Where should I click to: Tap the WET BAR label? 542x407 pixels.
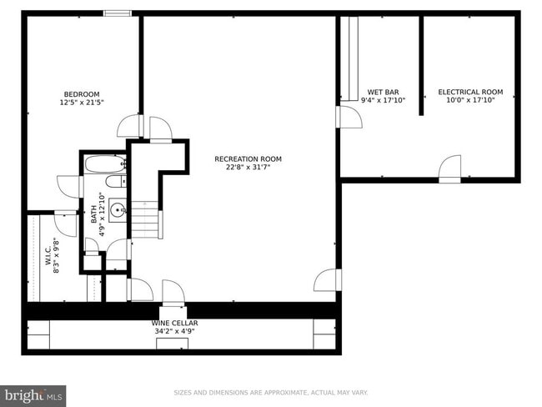pyautogui.click(x=383, y=92)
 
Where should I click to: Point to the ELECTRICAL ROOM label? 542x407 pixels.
pyautogui.click(x=470, y=92)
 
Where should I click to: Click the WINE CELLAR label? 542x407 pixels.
pyautogui.click(x=174, y=323)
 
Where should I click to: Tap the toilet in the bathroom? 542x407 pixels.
pyautogui.click(x=115, y=182)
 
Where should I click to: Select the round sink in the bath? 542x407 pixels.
pyautogui.click(x=117, y=209)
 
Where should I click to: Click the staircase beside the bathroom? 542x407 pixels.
pyautogui.click(x=148, y=221)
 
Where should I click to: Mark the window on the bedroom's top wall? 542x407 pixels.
pyautogui.click(x=117, y=13)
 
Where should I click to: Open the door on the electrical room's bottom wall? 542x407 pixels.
pyautogui.click(x=449, y=169)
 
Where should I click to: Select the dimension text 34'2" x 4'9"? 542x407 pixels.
pyautogui.click(x=174, y=331)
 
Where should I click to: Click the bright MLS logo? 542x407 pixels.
pyautogui.click(x=33, y=394)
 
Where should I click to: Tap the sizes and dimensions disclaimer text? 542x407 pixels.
pyautogui.click(x=270, y=393)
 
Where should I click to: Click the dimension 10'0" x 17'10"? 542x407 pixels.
pyautogui.click(x=470, y=101)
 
